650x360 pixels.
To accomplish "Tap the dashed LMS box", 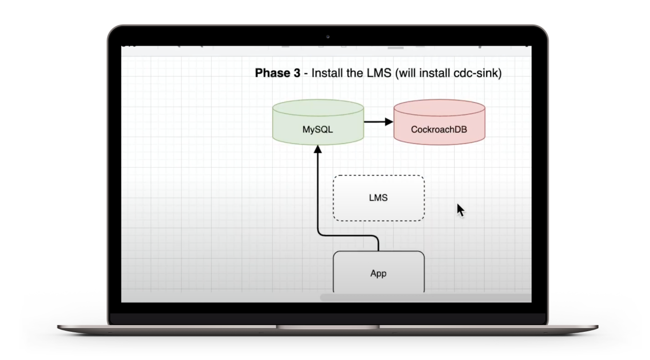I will [x=378, y=198].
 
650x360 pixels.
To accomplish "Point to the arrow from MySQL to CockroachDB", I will [x=378, y=122].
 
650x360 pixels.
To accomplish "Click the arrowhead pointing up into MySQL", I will [x=317, y=149].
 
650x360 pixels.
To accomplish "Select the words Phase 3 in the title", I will [x=277, y=73].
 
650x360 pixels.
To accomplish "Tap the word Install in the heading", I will [x=328, y=73].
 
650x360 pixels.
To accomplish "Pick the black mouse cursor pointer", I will [x=460, y=210].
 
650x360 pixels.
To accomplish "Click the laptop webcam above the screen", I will [x=328, y=36].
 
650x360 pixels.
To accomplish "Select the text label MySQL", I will [x=317, y=130].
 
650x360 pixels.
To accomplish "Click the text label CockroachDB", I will [x=439, y=130].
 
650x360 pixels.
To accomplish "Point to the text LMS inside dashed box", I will [x=378, y=198].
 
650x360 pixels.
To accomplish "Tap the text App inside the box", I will [x=378, y=273].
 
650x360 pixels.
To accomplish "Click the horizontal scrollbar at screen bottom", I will [x=425, y=297].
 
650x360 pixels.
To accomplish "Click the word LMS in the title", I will [x=379, y=73].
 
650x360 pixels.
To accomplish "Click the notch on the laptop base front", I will [x=328, y=327].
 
